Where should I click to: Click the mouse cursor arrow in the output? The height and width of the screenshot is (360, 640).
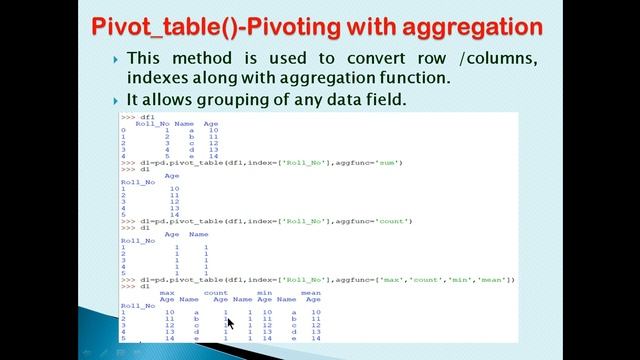(x=229, y=322)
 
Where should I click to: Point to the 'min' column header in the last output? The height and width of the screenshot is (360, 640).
(x=265, y=293)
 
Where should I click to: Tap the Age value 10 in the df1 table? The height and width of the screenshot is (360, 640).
(x=213, y=130)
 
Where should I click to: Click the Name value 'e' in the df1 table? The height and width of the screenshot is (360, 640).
(x=190, y=157)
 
